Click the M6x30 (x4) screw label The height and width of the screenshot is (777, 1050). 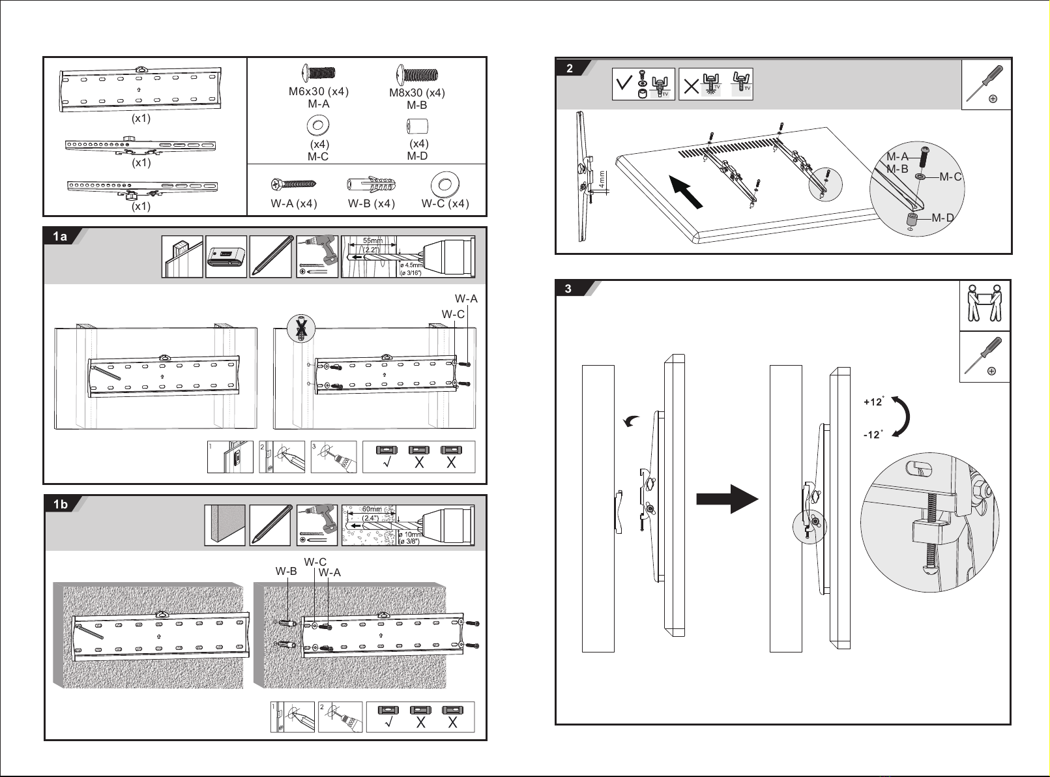(x=319, y=91)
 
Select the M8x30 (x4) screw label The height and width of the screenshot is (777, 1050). (x=417, y=93)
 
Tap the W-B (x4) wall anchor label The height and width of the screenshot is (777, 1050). (x=372, y=203)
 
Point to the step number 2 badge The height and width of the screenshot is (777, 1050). (x=570, y=68)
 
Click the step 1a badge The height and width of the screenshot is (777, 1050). (x=60, y=237)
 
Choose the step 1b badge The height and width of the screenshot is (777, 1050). (x=61, y=505)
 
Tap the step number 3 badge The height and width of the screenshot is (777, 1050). (x=568, y=289)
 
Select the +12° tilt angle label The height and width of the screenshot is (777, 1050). (x=873, y=402)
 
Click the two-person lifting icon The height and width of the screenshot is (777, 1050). (x=984, y=305)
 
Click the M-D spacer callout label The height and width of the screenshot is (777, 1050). (x=943, y=218)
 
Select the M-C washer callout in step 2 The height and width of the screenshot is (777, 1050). (x=950, y=177)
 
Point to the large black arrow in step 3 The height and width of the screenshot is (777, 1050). (x=727, y=499)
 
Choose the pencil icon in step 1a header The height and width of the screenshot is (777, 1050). (x=270, y=257)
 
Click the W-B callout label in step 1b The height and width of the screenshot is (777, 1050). (x=285, y=571)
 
